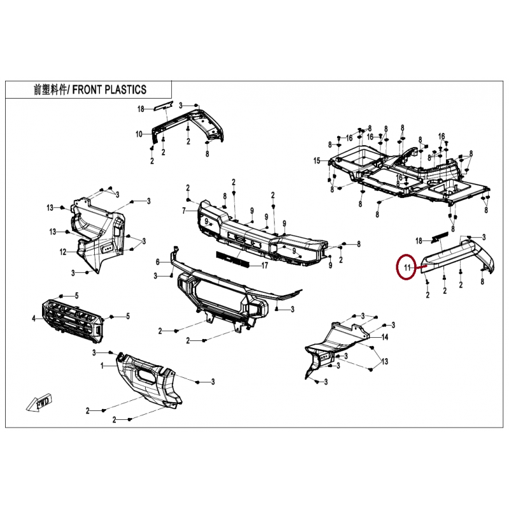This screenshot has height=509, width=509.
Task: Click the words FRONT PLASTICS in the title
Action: (x=109, y=90)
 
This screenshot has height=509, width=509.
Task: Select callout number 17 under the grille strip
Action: (x=265, y=265)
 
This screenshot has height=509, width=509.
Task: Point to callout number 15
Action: (x=316, y=161)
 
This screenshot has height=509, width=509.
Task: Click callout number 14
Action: (x=384, y=338)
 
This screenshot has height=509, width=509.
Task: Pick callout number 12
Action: (x=63, y=252)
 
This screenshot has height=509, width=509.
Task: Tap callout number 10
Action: (x=139, y=134)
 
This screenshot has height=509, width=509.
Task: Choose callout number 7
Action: (x=184, y=211)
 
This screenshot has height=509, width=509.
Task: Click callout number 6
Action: (x=158, y=261)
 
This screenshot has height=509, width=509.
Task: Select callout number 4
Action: (x=34, y=318)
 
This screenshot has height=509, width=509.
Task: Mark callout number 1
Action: (x=102, y=367)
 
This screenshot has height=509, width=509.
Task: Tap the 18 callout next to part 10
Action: (x=141, y=109)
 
